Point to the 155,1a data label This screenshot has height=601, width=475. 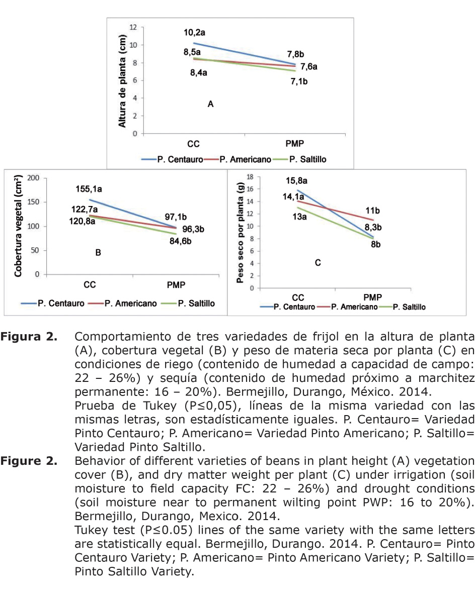89,189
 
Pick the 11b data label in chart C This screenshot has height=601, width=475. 372,211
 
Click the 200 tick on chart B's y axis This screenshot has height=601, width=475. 34,178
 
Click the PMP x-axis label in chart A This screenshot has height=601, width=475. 295,143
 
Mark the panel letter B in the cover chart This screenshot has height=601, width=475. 98,253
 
